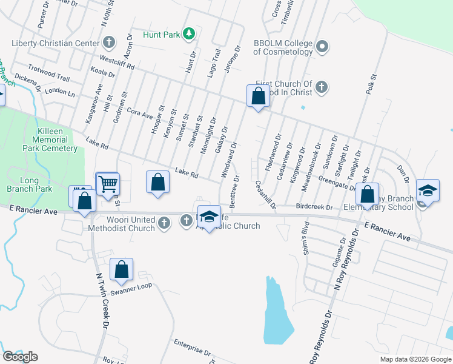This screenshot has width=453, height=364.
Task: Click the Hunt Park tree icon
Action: click(x=189, y=34)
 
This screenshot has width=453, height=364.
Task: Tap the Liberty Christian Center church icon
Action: click(x=109, y=43)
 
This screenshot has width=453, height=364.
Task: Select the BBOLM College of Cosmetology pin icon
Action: click(x=322, y=47)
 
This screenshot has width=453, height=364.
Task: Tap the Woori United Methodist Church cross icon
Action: click(x=164, y=223)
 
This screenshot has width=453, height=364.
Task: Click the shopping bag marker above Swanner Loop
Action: click(x=121, y=269)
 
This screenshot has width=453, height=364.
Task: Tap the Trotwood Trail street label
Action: click(x=50, y=78)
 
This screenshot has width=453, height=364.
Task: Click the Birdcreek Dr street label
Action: click(x=314, y=207)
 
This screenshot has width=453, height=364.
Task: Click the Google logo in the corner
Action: click(x=21, y=357)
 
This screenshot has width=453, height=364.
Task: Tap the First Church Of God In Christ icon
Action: click(x=322, y=87)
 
